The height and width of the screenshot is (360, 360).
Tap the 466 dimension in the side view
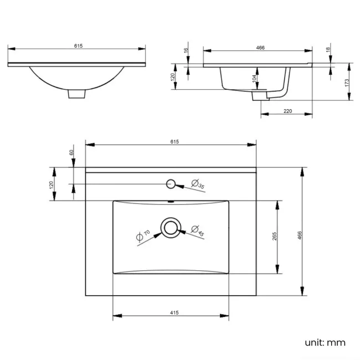260,47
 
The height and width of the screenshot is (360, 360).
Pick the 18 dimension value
328,49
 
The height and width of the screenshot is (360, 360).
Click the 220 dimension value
287,111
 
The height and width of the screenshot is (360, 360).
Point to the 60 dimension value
71,152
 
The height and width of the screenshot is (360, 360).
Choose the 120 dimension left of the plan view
51,184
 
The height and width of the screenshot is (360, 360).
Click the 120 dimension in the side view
173,76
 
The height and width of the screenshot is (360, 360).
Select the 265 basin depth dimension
274,236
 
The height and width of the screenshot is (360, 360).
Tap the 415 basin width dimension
173,313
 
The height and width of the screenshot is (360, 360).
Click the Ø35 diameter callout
198,184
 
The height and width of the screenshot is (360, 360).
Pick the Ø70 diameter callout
143,235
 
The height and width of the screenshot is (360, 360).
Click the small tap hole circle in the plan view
171,183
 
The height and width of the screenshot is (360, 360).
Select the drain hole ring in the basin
171,228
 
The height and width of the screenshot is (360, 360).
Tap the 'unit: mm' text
325,342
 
